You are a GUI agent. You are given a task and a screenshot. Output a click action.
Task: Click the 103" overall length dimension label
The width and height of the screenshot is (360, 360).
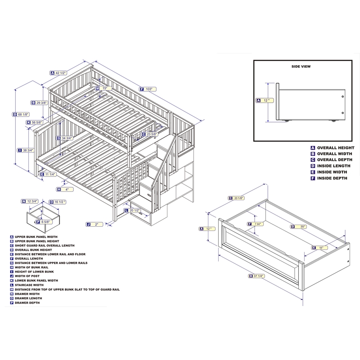tap(148, 89)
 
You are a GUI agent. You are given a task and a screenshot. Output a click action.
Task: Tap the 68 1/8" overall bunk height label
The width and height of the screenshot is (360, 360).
tap(21, 114)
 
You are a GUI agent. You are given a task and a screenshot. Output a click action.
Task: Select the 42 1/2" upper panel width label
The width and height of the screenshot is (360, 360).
tap(58, 73)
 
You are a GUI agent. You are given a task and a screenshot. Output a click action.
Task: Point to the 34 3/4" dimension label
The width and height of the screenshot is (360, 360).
tap(65, 138)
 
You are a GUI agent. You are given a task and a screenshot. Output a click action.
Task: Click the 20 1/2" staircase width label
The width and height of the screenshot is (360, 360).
tap(132, 210)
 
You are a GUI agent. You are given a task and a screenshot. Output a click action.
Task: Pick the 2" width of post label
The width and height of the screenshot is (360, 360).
tap(94, 224)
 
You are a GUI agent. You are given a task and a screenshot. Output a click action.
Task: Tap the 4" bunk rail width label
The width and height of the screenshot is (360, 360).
tap(65, 189)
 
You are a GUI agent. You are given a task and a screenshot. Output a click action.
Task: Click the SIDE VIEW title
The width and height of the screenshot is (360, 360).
tap(301, 67)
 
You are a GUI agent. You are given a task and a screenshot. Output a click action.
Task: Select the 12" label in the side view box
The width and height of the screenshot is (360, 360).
tap(265, 100)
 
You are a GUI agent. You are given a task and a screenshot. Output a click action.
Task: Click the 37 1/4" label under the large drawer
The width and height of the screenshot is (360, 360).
tap(257, 276)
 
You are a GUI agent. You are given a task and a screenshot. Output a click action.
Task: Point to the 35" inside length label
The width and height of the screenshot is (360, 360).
tap(301, 227)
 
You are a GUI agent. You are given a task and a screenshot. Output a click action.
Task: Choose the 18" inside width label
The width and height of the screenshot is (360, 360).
tap(319, 248)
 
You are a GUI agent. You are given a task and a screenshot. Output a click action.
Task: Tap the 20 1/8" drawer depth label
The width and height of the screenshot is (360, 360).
tap(237, 198)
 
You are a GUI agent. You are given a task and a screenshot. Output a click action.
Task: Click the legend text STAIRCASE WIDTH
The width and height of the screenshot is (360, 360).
tap(29, 285)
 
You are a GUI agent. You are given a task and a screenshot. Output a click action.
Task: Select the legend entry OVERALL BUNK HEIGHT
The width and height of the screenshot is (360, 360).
tap(33, 250)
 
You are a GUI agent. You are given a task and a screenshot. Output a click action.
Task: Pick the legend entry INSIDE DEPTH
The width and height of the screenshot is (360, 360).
tap(332, 178)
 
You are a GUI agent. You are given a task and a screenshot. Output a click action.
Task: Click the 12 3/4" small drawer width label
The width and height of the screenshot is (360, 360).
tap(30, 201)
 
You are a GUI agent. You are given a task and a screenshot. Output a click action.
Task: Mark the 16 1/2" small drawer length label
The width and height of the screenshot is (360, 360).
tap(58, 202)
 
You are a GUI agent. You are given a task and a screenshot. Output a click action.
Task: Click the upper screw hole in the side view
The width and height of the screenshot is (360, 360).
tap(342, 96)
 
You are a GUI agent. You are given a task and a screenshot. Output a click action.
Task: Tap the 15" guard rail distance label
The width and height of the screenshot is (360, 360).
tap(103, 88)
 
